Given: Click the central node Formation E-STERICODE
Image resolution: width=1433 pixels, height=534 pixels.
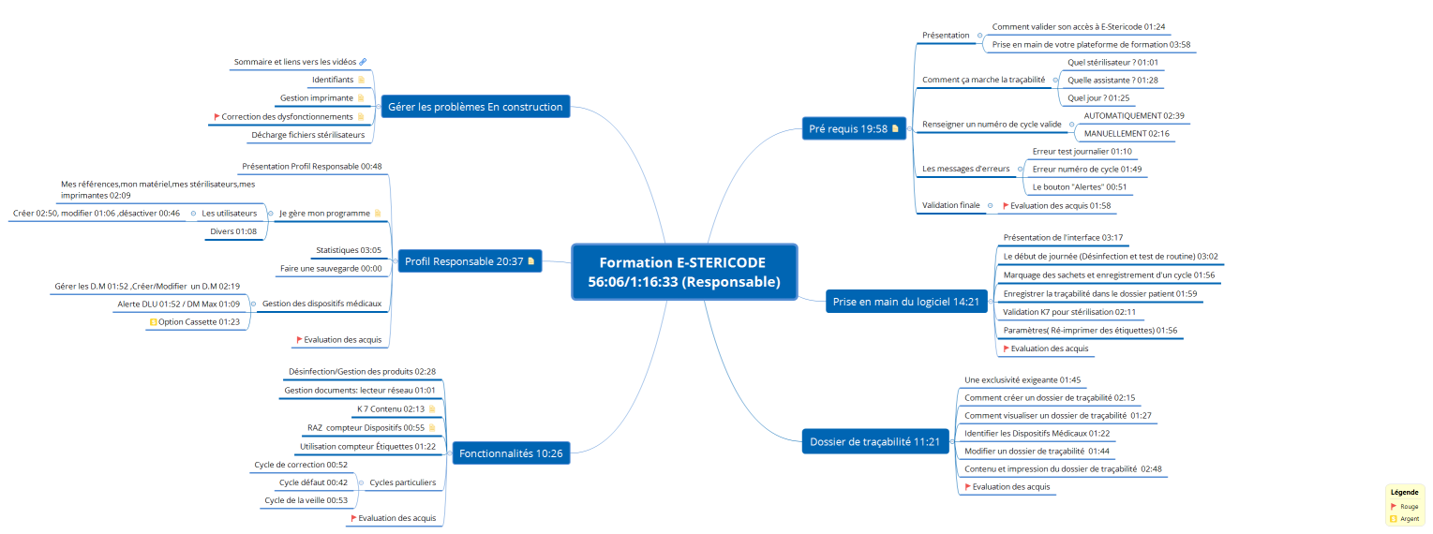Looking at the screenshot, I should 683,272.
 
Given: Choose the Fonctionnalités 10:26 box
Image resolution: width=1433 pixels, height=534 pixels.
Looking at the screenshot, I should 511,454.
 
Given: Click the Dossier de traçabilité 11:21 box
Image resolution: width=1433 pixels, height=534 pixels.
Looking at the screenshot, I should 875,441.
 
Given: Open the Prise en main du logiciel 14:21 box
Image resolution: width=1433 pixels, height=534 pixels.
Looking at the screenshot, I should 904,302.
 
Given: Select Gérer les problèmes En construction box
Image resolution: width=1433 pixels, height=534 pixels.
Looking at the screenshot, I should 474,107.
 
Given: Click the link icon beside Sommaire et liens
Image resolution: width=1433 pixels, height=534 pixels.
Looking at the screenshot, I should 363,62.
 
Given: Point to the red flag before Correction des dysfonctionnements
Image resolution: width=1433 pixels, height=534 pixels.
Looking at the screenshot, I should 216,116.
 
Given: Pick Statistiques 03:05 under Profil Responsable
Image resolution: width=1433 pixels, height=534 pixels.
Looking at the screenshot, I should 348,250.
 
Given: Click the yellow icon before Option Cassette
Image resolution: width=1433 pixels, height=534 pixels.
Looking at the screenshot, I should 153,321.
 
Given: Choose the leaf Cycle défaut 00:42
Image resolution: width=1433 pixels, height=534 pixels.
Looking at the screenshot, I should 312,482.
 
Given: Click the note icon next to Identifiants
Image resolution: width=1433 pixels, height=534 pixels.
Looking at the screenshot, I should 362,80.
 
